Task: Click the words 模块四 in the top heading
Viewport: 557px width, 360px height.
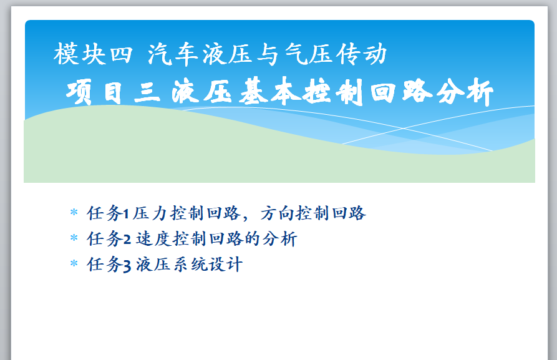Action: point(93,54)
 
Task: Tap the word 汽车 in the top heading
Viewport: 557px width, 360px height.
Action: point(173,54)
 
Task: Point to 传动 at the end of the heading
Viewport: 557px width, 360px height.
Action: point(361,54)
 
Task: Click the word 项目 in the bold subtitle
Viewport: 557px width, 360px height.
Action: point(94,92)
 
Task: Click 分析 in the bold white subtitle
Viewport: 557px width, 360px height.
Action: point(465,92)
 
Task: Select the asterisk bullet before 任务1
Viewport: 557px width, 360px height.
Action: point(74,213)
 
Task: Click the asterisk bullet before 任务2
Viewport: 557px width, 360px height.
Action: point(74,238)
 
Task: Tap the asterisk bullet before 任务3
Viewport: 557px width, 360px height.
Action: point(74,264)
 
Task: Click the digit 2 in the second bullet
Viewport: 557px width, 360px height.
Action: point(127,239)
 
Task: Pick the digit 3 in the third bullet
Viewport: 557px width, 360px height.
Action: point(127,265)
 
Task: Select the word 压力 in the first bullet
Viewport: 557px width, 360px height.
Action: point(150,213)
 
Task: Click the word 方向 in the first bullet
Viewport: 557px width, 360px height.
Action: point(278,213)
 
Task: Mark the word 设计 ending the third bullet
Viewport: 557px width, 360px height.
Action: point(226,265)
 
